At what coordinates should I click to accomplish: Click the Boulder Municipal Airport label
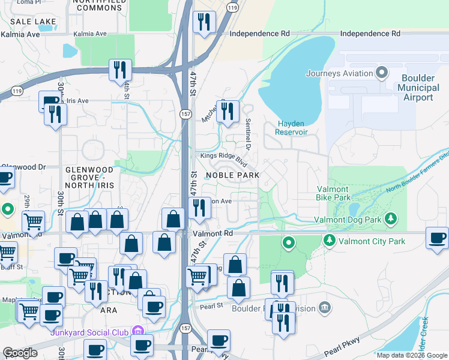414,88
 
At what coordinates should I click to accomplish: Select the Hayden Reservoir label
292,131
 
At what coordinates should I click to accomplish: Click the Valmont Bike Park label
333,193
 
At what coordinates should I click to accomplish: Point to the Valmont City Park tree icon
329,241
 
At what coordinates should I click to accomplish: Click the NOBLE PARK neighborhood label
232,175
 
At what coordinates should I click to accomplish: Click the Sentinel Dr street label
247,133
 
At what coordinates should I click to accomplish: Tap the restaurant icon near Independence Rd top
204,23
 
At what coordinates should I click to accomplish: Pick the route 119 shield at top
232,8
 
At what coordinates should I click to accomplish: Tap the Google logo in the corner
20,352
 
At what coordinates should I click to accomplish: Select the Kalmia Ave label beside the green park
89,34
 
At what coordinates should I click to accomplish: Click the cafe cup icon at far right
436,237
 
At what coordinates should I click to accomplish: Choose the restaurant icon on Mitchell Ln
228,111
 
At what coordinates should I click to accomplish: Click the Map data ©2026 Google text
411,355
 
